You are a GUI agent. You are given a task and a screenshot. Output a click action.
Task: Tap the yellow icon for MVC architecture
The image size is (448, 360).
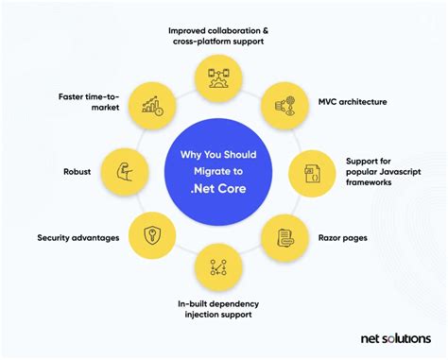pos(281,102)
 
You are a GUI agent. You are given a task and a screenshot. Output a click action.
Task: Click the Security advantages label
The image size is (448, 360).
pos(78,237)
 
